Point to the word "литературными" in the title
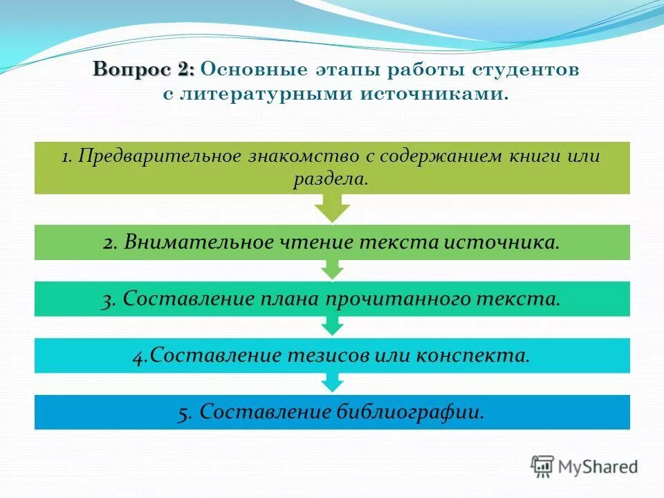point(266,93)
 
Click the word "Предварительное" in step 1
point(158,156)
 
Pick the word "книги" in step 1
point(533,156)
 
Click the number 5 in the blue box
point(184,412)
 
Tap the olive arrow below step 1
point(332,207)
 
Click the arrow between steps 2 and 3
point(332,269)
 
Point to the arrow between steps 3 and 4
point(332,326)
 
